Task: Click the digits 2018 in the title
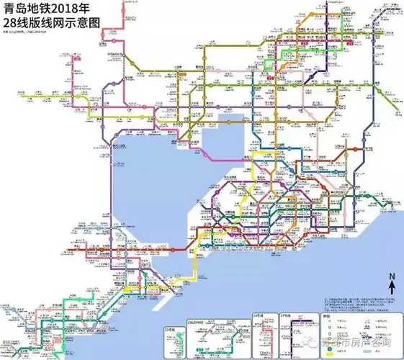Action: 66,10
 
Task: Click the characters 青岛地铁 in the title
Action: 27,10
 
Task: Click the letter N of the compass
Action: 391,278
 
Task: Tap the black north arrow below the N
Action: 391,288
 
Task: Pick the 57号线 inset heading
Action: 284,316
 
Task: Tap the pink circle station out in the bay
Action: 207,154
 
